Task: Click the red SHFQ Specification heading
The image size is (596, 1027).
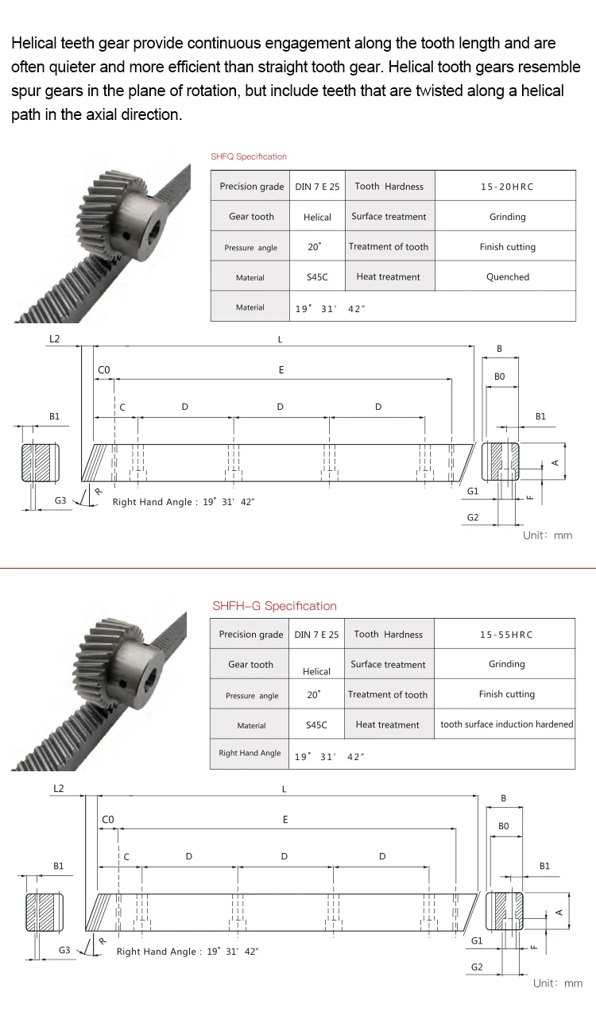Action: point(248,156)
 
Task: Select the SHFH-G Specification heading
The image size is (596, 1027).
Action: point(274,606)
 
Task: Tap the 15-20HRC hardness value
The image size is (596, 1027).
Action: point(507,187)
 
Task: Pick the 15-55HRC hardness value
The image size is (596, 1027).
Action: point(506,635)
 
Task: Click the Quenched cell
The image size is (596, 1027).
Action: point(507,277)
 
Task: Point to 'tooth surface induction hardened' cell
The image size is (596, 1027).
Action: point(506,724)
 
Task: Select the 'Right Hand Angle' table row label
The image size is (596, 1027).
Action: point(250,753)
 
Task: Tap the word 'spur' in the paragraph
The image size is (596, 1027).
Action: point(25,91)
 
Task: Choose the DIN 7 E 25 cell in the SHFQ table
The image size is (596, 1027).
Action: point(317,187)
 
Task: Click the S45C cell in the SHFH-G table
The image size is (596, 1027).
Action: point(316,725)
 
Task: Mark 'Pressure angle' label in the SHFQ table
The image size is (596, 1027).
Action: point(250,248)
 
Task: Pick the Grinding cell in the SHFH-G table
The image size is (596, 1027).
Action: point(506,664)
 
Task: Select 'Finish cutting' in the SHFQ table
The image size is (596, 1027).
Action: point(507,247)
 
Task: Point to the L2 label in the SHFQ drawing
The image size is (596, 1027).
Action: point(54,339)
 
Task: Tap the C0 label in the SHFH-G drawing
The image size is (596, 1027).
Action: point(108,819)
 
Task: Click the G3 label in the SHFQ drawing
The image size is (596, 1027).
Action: point(60,501)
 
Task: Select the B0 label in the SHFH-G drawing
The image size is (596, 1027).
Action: point(503,826)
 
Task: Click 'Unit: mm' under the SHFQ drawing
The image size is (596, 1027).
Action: point(547,535)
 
